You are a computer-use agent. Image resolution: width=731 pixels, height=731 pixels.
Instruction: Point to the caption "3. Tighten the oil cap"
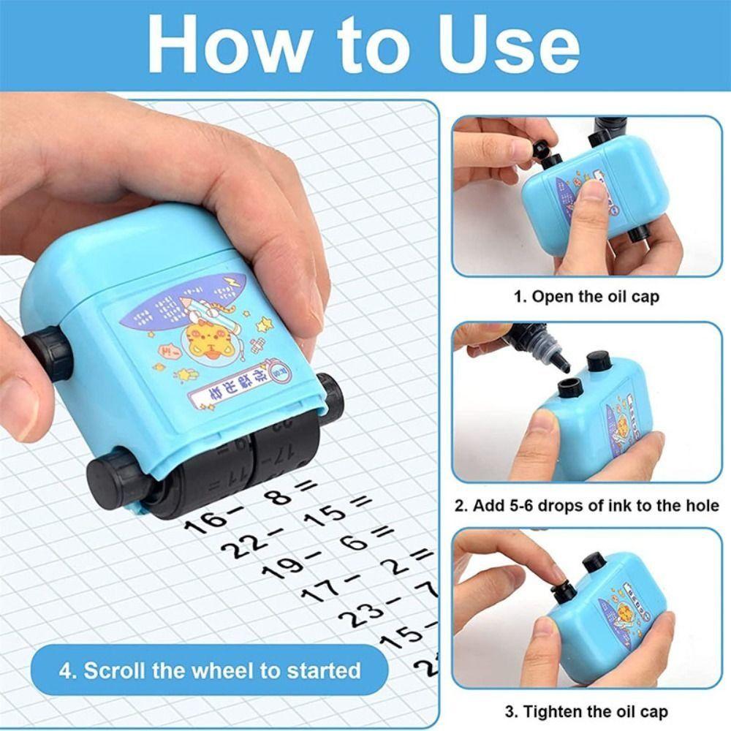click(x=586, y=711)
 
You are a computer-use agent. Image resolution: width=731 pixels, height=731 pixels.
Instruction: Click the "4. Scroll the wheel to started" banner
click(x=210, y=670)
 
